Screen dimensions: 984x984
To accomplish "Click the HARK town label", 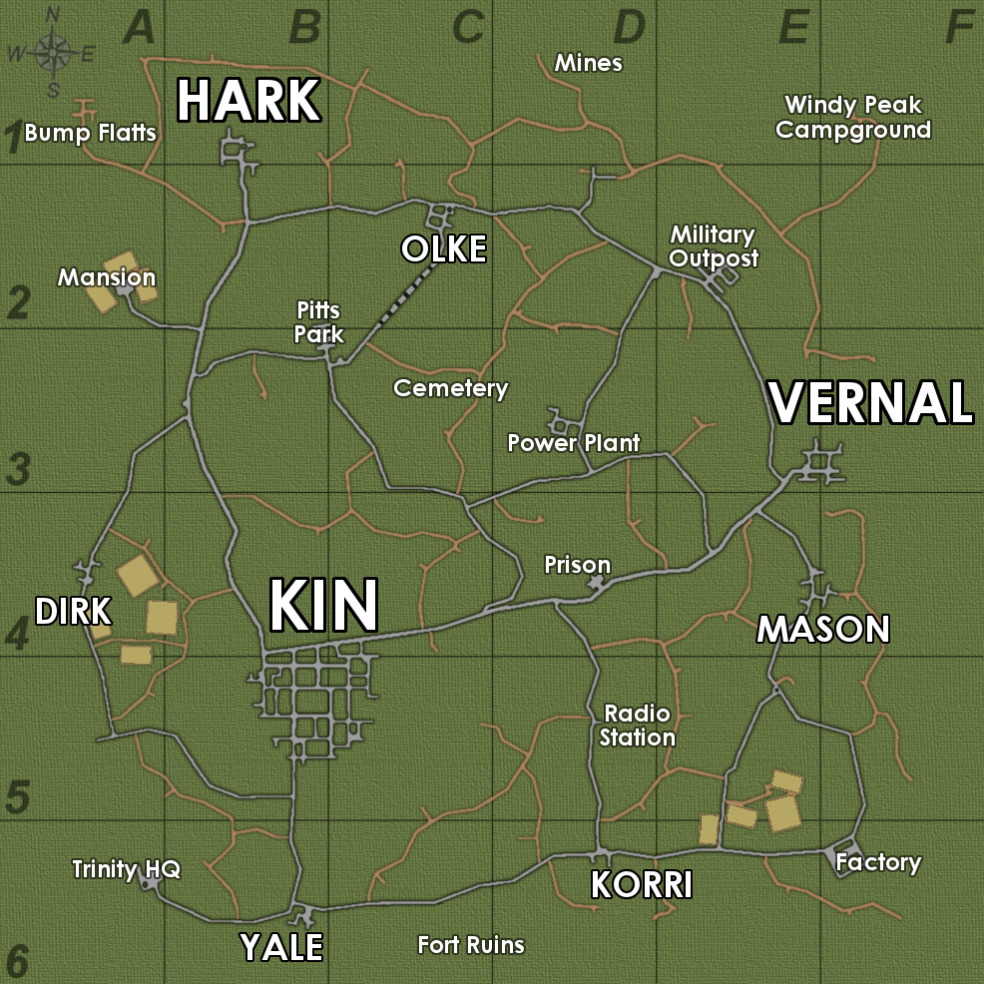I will (248, 102).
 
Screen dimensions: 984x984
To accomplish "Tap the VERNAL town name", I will (870, 403).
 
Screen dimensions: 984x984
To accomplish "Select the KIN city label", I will (324, 606).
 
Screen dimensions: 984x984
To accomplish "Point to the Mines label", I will (589, 64).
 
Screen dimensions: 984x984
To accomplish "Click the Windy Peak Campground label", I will (853, 118).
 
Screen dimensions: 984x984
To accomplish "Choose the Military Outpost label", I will (713, 246).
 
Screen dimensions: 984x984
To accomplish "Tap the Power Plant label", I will (574, 443).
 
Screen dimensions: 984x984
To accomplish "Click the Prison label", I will (577, 566).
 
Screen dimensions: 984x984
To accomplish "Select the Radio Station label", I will (638, 726).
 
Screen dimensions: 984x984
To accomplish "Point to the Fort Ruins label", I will (471, 944).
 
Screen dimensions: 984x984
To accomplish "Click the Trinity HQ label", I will (127, 869).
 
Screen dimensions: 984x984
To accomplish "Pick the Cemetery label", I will (451, 388).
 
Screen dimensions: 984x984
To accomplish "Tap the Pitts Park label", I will (319, 322).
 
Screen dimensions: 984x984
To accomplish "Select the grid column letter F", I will (958, 28).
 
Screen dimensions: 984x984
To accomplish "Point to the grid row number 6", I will (18, 961).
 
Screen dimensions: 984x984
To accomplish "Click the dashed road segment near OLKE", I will (403, 299).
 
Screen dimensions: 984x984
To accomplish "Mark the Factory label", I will (878, 862).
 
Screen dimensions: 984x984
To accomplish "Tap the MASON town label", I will (823, 630).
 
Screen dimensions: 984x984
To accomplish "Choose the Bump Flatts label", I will (91, 133).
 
